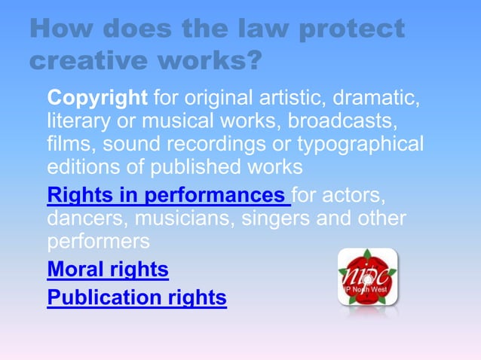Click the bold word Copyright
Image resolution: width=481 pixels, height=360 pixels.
[97, 98]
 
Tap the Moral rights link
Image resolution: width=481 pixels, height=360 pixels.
[108, 269]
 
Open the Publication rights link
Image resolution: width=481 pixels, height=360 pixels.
[136, 298]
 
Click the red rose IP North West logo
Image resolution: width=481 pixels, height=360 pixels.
[367, 276]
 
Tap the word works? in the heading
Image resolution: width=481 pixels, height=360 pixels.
[216, 59]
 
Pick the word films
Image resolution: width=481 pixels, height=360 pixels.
[69, 143]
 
